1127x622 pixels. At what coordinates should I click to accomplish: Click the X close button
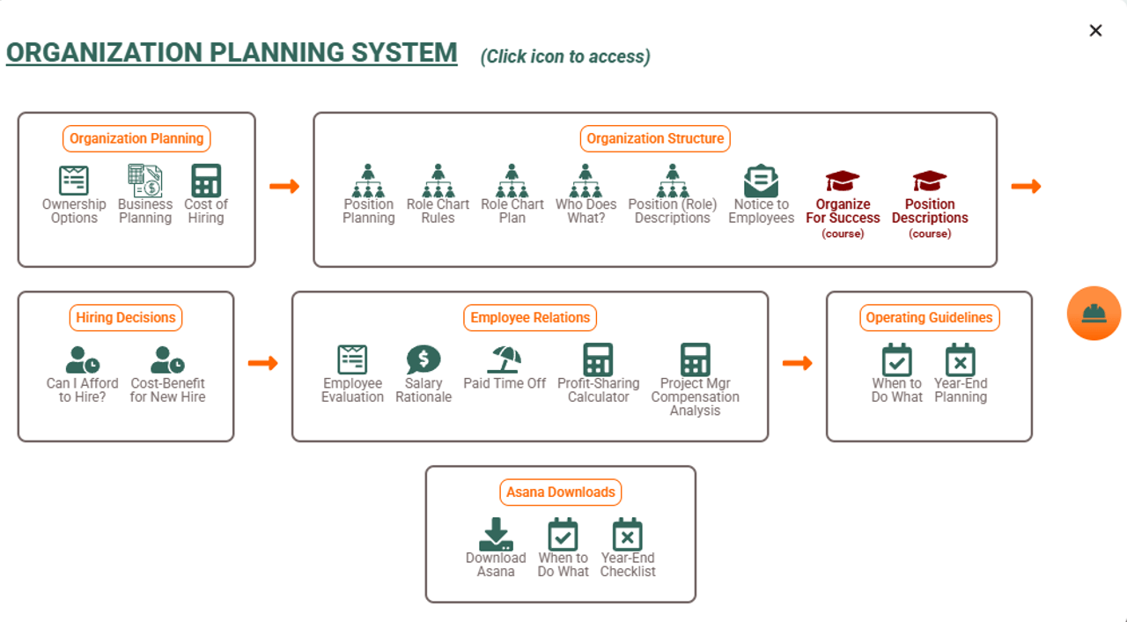pyautogui.click(x=1095, y=31)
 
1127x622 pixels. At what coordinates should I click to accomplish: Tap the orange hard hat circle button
pyautogui.click(x=1094, y=314)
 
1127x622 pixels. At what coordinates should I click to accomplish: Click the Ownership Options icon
pyautogui.click(x=74, y=181)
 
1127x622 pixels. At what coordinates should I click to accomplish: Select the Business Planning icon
pyautogui.click(x=145, y=181)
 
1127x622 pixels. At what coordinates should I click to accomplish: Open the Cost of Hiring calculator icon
pyautogui.click(x=206, y=181)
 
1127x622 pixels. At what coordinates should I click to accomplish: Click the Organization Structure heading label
pyautogui.click(x=655, y=138)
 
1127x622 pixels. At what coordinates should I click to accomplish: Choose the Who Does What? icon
pyautogui.click(x=586, y=181)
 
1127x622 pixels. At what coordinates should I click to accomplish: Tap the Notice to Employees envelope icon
pyautogui.click(x=761, y=181)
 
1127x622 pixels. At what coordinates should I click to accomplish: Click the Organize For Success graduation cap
pyautogui.click(x=843, y=181)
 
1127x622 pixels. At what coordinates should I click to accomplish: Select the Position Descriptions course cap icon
pyautogui.click(x=930, y=181)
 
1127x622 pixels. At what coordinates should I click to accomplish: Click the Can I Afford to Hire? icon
pyautogui.click(x=83, y=359)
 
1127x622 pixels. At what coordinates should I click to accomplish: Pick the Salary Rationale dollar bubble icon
pyautogui.click(x=424, y=359)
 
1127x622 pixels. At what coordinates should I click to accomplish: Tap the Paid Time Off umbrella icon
pyautogui.click(x=505, y=359)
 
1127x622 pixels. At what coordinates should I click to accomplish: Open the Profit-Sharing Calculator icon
pyautogui.click(x=598, y=359)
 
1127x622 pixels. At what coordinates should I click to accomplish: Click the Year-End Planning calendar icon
pyautogui.click(x=961, y=359)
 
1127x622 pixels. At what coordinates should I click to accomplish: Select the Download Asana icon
pyautogui.click(x=496, y=534)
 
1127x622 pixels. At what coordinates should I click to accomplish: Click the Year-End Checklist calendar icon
pyautogui.click(x=628, y=534)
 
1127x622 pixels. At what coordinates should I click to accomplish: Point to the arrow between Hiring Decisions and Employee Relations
pyautogui.click(x=262, y=363)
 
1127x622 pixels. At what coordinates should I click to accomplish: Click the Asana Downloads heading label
pyautogui.click(x=561, y=492)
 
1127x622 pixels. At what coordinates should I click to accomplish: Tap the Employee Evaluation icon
pyautogui.click(x=352, y=359)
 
